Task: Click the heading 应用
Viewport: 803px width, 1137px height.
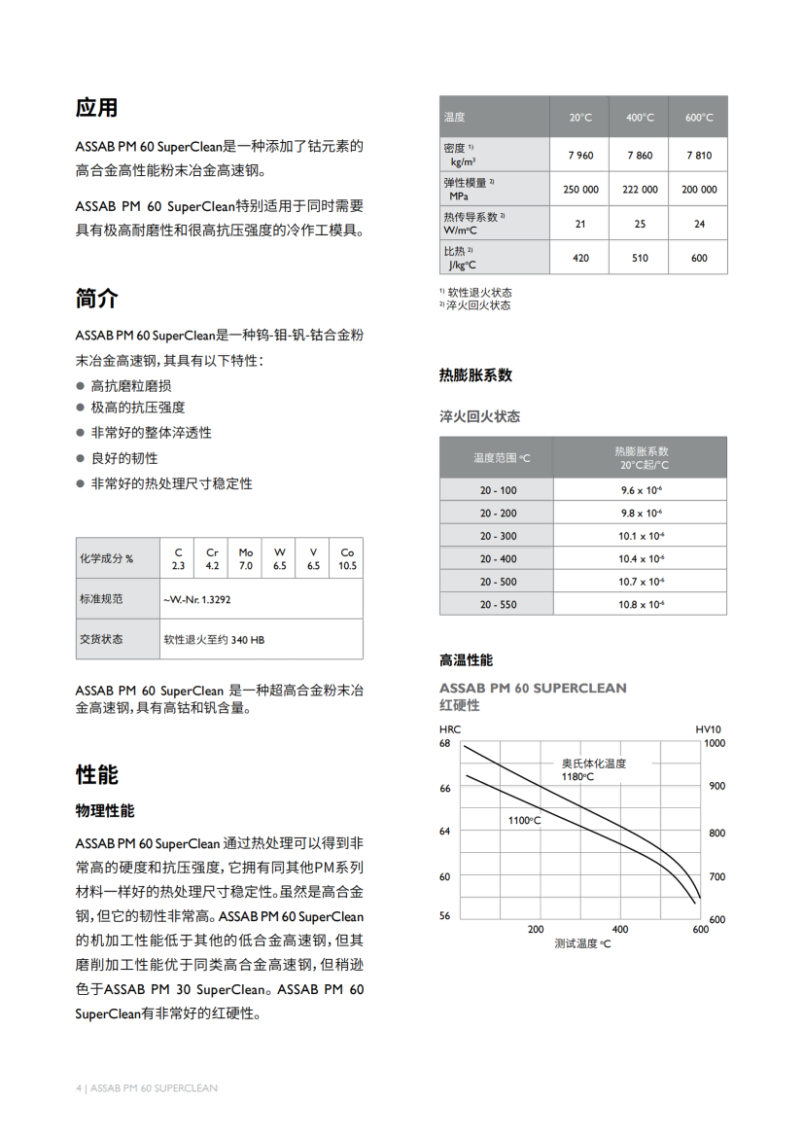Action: [97, 107]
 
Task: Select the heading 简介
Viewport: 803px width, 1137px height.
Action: [97, 299]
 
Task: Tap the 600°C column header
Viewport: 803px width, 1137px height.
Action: [698, 118]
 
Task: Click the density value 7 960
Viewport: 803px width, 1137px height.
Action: [580, 156]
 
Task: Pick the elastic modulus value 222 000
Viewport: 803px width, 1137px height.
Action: [640, 190]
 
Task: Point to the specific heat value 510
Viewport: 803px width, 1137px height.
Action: [640, 258]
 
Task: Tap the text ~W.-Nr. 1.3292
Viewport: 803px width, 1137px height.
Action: [197, 599]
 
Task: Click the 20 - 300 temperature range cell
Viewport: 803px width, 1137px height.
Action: [498, 536]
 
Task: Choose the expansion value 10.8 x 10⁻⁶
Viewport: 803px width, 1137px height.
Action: [642, 605]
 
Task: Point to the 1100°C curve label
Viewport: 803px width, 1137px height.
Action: [524, 821]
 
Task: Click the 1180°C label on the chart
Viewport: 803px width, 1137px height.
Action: [577, 776]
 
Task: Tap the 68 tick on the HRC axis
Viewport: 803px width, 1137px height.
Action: [445, 743]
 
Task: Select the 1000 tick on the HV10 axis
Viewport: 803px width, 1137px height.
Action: [715, 743]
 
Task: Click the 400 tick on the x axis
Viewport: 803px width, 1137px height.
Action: [620, 929]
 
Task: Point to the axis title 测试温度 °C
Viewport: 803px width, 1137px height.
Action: [582, 943]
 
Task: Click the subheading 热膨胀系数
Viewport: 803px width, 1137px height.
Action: [475, 375]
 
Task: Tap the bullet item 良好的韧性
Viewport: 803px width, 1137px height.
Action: [124, 458]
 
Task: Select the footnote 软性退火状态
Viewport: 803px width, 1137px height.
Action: [479, 293]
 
